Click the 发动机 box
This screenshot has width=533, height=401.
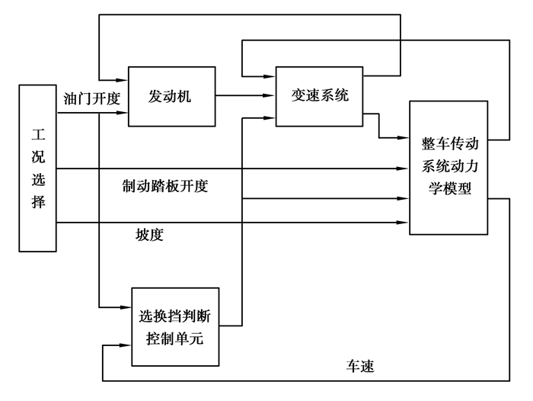tap(171, 96)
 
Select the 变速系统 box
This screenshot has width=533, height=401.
tap(319, 96)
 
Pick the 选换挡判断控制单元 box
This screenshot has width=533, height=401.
tap(175, 326)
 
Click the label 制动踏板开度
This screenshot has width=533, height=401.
tap(164, 185)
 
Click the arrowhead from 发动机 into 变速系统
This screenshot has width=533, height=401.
tap(270, 96)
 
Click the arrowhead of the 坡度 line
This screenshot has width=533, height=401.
tap(404, 222)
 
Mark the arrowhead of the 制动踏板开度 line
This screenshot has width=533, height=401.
tap(404, 168)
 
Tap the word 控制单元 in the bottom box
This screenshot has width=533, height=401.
tap(175, 335)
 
